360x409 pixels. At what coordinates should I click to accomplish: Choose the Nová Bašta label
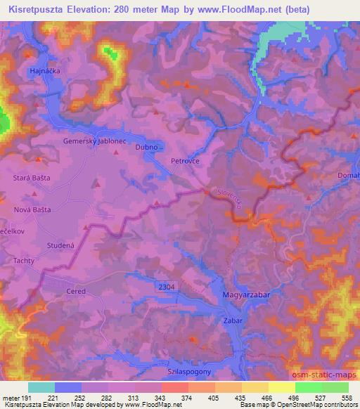(33, 209)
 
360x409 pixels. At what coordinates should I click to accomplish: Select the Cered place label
(75, 291)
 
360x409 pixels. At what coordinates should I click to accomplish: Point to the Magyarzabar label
(246, 295)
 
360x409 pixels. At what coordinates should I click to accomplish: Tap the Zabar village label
(233, 320)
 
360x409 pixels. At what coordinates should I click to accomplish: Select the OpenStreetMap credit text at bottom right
(324, 405)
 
